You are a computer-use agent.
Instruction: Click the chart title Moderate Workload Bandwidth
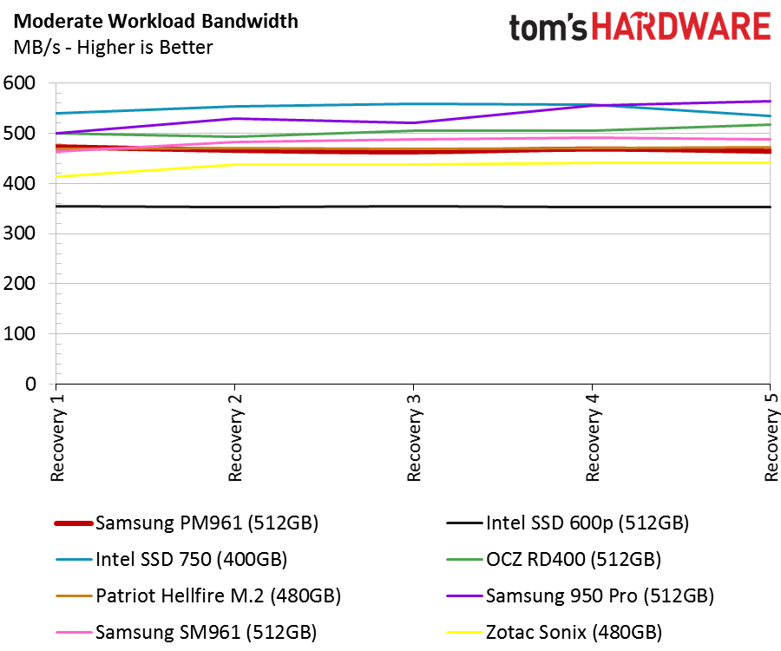[x=156, y=22]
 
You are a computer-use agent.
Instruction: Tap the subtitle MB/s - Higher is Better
[x=113, y=48]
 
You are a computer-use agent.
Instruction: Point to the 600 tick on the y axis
[x=19, y=82]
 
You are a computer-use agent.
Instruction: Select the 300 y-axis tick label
[x=19, y=233]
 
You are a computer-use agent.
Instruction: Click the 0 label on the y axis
[x=30, y=384]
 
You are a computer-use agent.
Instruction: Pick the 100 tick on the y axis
[x=19, y=333]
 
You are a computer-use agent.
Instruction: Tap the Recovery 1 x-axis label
[x=57, y=437]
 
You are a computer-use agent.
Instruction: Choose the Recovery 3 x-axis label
[x=414, y=437]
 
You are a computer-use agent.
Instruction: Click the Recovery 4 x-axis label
[x=592, y=437]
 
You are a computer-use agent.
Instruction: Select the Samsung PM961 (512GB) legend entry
[x=187, y=523]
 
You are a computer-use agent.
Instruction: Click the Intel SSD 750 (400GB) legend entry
[x=171, y=559]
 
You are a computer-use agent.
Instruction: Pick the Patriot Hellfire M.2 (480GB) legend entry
[x=198, y=595]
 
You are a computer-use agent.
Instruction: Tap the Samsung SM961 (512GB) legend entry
[x=187, y=632]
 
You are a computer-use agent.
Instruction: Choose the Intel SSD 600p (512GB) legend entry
[x=568, y=523]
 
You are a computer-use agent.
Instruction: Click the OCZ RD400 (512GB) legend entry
[x=554, y=559]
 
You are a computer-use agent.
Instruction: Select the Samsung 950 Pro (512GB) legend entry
[x=581, y=595]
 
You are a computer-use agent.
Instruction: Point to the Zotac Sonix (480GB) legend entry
[x=555, y=632]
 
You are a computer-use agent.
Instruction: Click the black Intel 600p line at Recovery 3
[x=413, y=207]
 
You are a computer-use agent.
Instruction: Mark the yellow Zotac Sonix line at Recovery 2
[x=234, y=164]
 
